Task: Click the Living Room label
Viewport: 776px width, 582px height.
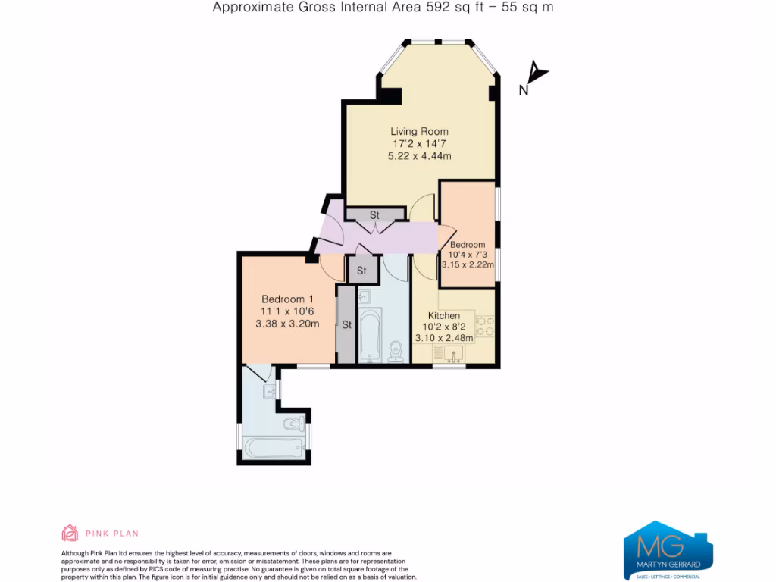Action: pos(419,131)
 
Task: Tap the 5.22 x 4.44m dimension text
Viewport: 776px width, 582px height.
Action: pos(419,156)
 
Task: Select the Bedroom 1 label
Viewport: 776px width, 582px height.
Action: pos(287,299)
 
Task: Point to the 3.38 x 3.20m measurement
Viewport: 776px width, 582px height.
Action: pos(287,324)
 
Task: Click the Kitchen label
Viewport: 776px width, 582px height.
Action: pos(444,315)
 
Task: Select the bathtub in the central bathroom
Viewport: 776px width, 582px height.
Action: pos(370,335)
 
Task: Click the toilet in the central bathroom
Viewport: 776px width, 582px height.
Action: pos(396,351)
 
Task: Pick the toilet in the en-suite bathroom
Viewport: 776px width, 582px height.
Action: pos(293,422)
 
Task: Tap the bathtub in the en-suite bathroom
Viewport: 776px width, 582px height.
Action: pos(272,448)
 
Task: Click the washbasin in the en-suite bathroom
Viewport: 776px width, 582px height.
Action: pos(268,391)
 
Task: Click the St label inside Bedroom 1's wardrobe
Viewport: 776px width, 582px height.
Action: pos(346,325)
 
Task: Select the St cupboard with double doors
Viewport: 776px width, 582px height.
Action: pos(374,216)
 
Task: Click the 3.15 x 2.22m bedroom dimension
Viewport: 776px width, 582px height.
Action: pos(468,264)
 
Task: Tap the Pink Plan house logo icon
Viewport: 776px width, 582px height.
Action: pos(70,533)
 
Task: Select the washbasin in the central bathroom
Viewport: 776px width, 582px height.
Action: pos(365,296)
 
